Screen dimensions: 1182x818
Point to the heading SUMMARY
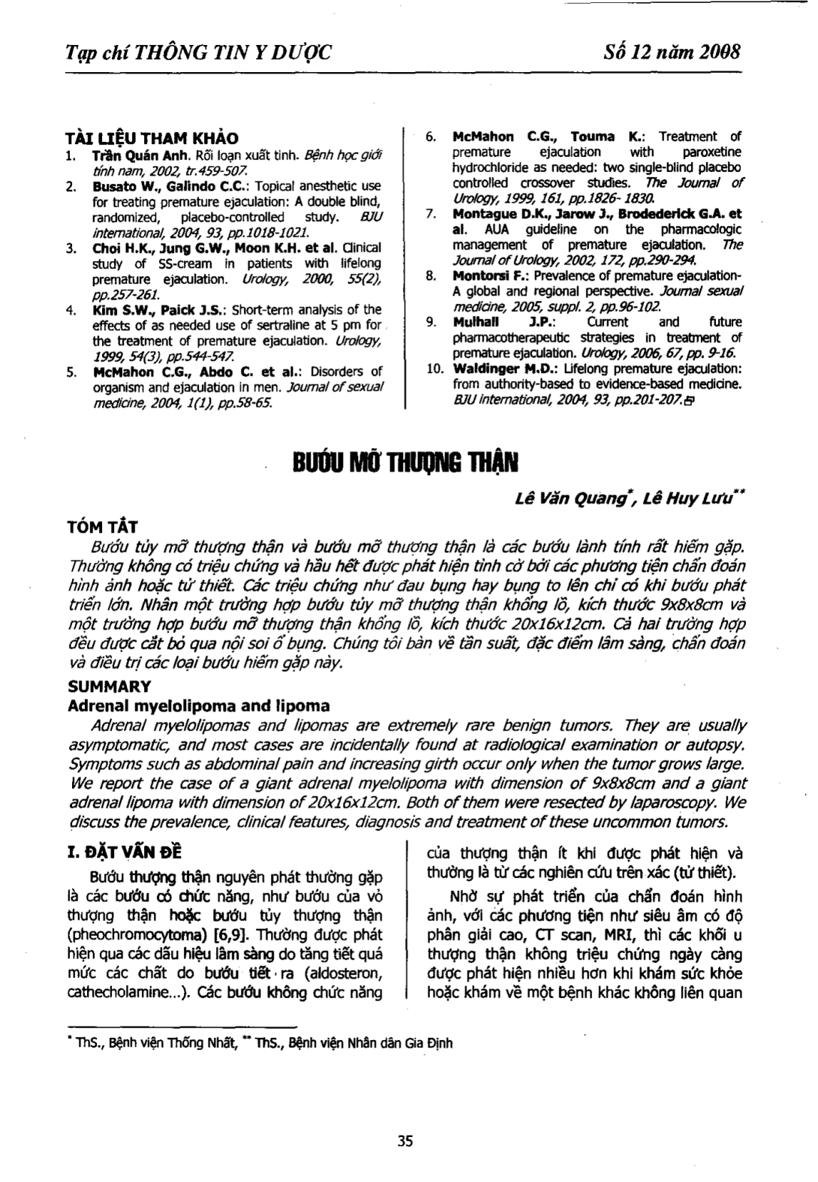[109, 687]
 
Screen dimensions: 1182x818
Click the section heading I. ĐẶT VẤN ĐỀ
[125, 853]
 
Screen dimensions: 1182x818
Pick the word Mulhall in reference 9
[476, 322]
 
